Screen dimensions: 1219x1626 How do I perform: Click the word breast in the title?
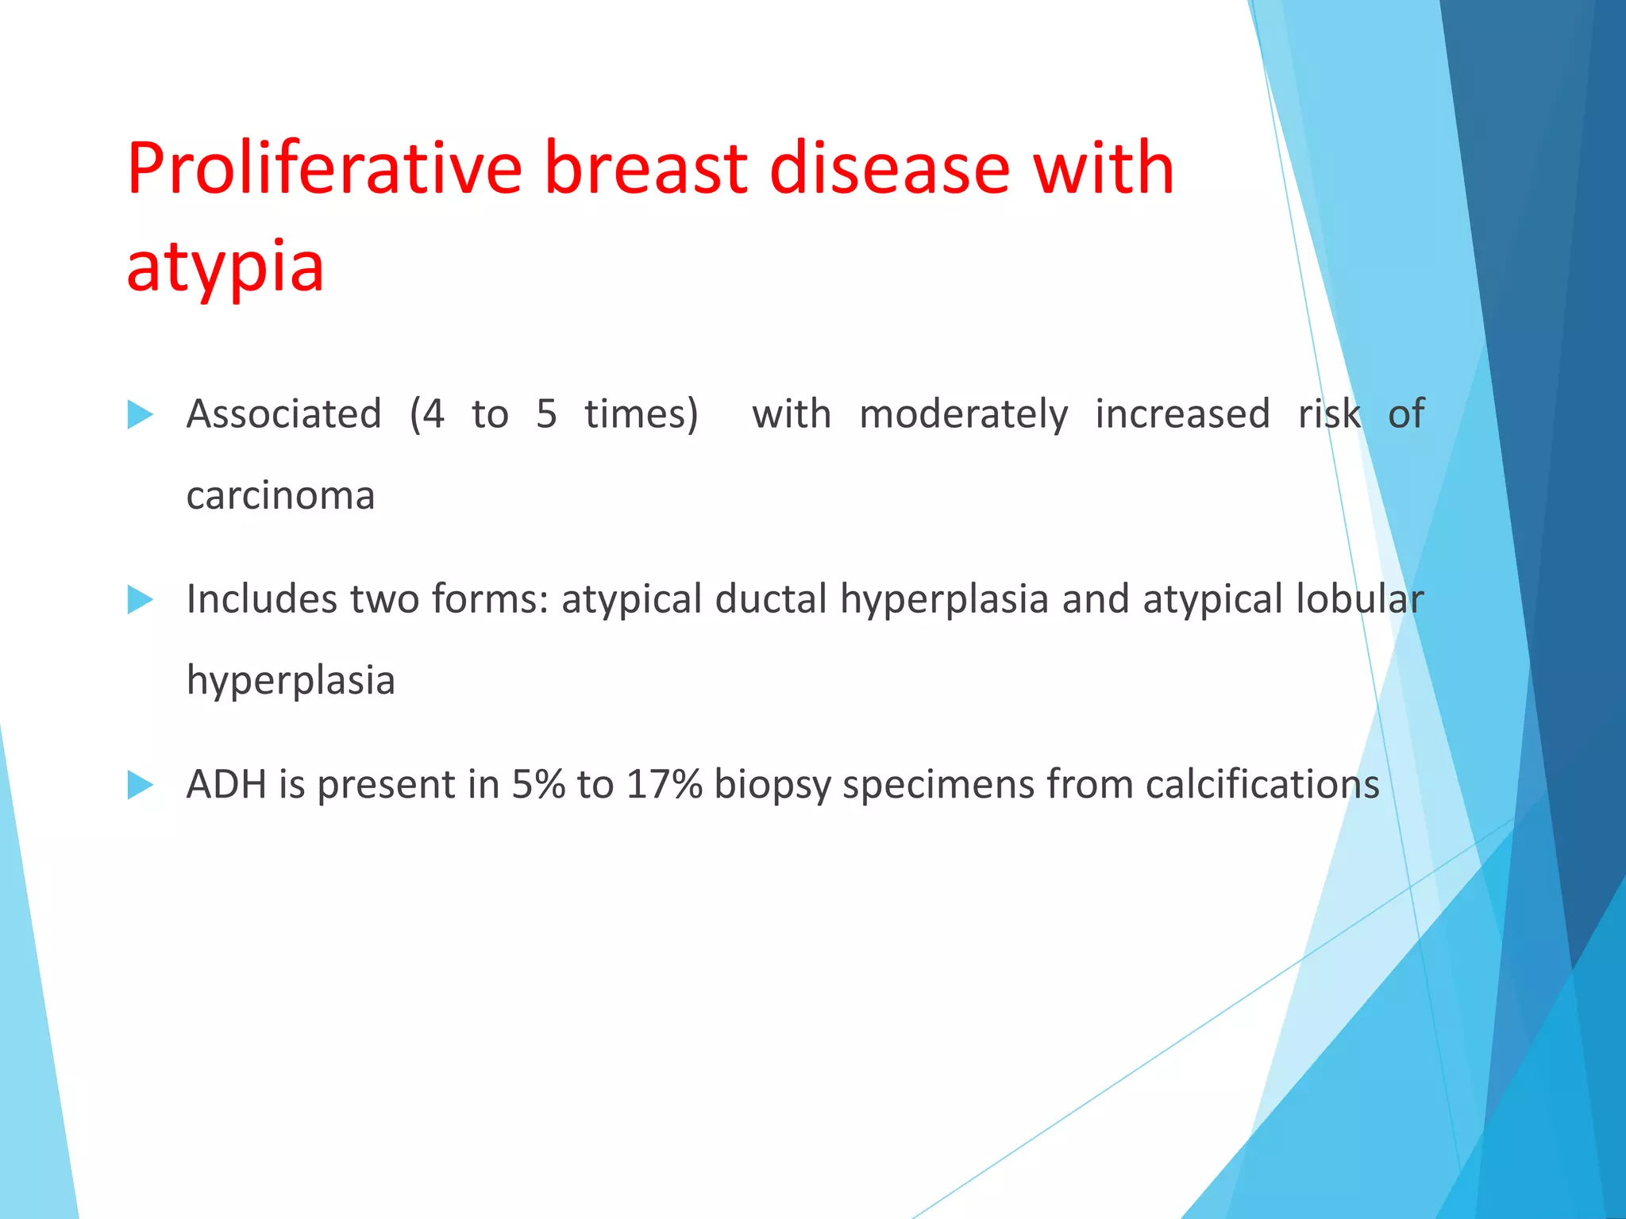[x=645, y=168]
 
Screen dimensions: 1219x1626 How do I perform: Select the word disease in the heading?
[x=889, y=168]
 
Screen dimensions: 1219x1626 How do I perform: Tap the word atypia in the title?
[x=225, y=267]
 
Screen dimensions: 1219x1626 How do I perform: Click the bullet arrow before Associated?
[x=140, y=414]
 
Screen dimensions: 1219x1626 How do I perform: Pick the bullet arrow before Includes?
[x=140, y=600]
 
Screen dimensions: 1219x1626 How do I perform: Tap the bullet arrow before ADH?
[x=140, y=785]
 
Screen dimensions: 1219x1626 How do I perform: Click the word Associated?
[x=283, y=414]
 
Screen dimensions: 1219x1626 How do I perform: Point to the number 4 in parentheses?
[x=433, y=414]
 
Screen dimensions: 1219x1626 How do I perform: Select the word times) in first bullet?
[x=642, y=414]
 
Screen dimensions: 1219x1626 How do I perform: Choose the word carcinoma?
[x=280, y=496]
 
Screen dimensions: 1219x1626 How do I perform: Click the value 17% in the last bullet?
[x=664, y=785]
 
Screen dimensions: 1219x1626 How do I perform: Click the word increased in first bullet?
[x=1182, y=414]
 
